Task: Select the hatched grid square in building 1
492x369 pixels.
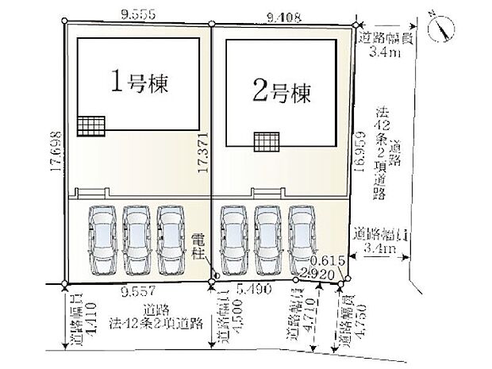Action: (x=90, y=126)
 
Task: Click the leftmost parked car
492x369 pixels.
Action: (x=102, y=239)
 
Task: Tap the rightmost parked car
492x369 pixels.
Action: (x=303, y=239)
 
